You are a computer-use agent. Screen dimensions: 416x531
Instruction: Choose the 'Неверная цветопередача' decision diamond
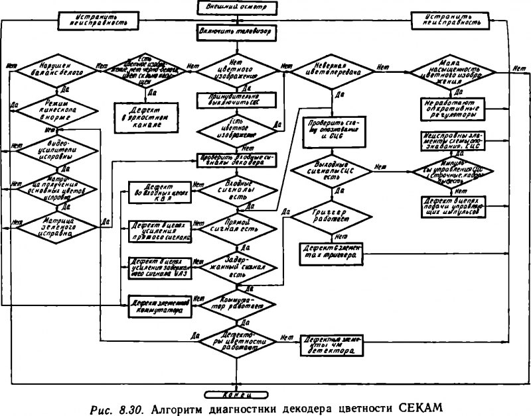[331, 71]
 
